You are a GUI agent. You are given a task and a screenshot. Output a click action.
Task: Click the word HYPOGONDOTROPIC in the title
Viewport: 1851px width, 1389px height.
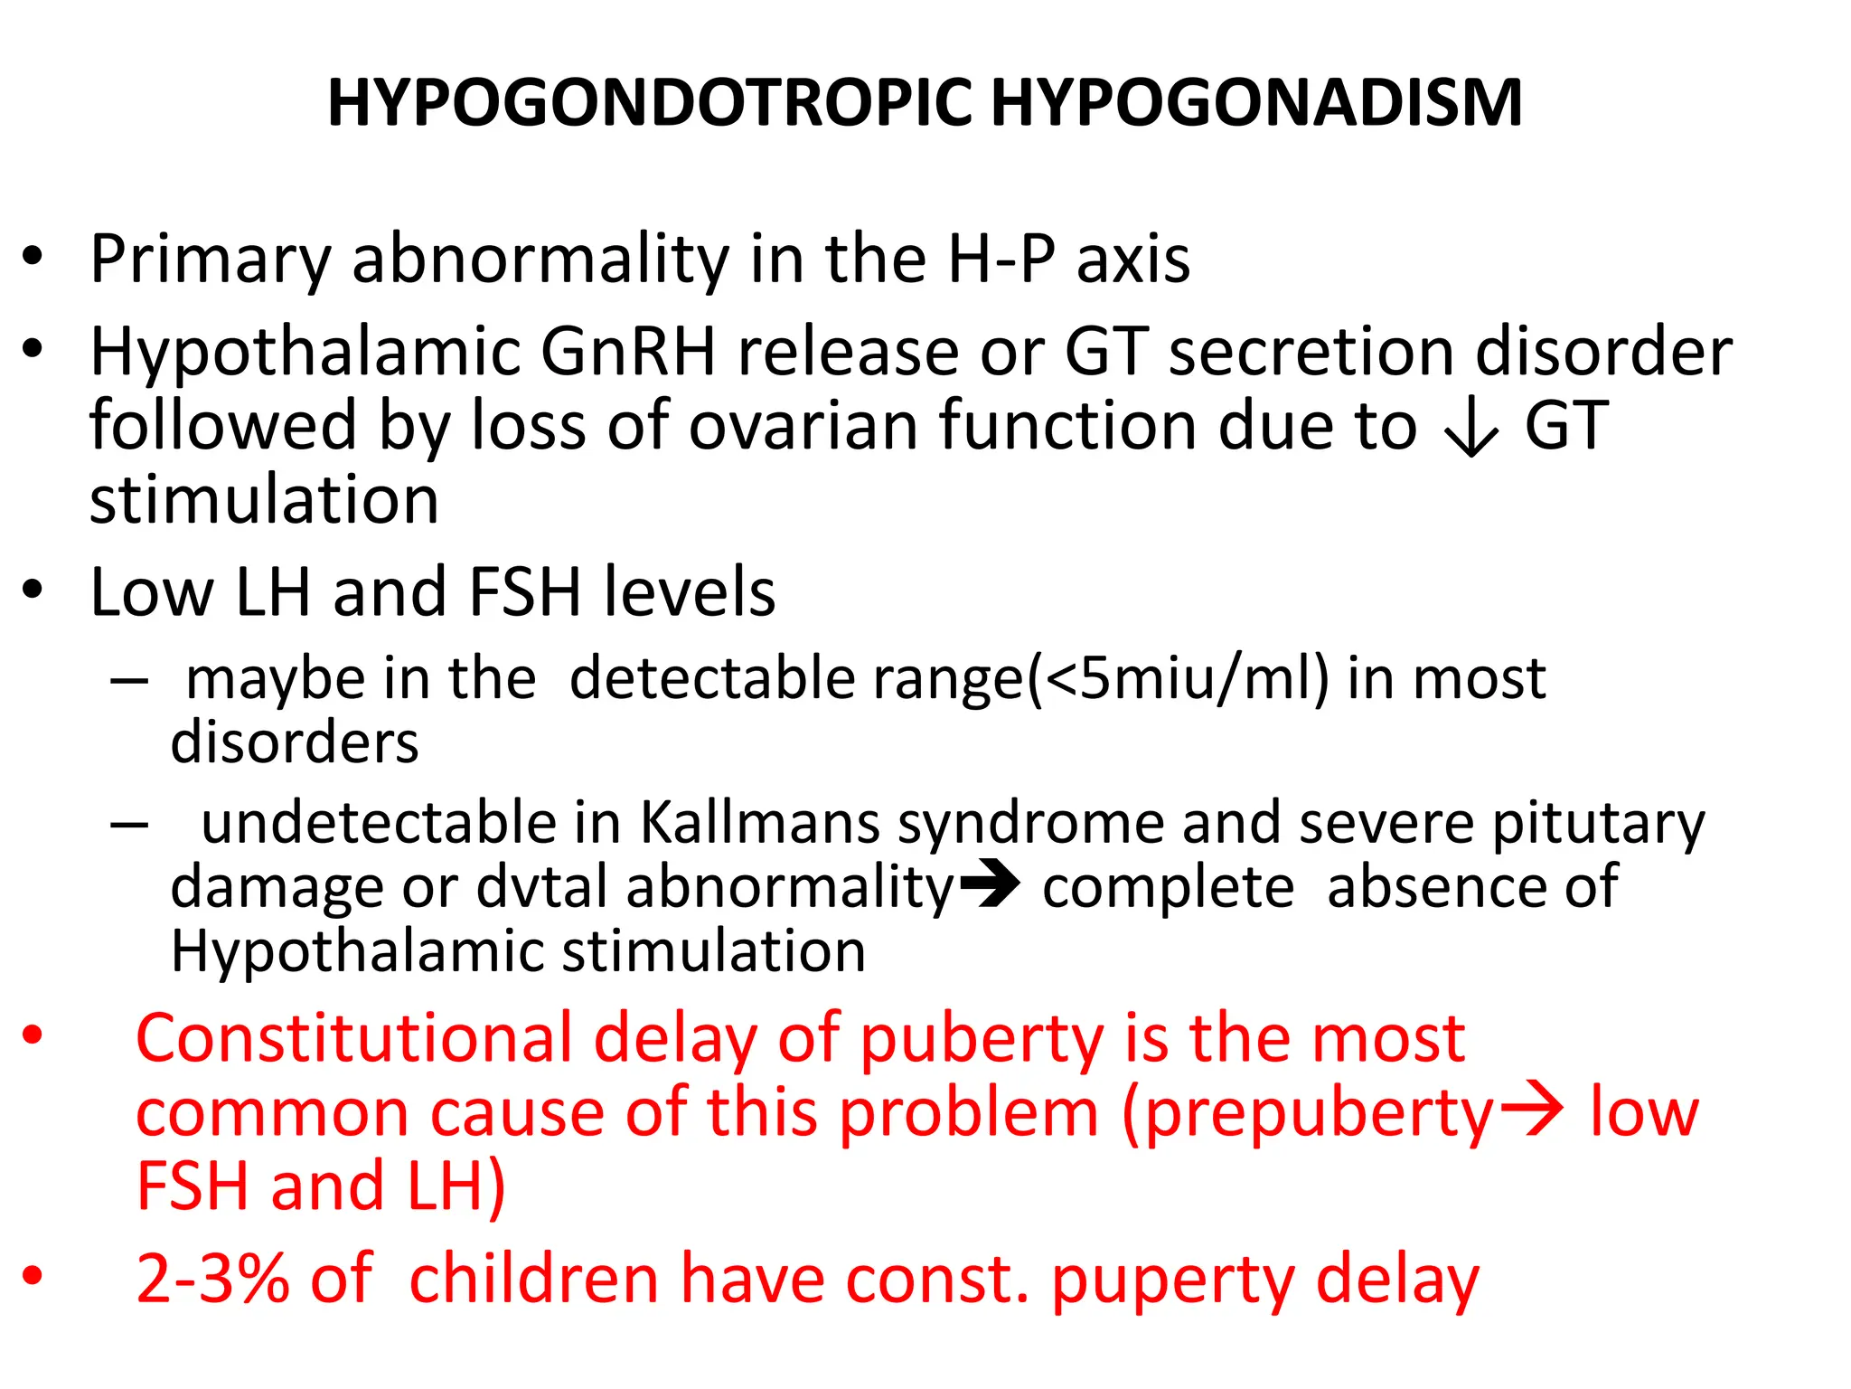pyautogui.click(x=649, y=102)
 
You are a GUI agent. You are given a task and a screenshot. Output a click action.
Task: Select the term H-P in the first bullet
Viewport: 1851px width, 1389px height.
pyautogui.click(x=1001, y=260)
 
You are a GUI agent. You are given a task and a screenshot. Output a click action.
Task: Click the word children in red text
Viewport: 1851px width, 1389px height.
pyautogui.click(x=533, y=1279)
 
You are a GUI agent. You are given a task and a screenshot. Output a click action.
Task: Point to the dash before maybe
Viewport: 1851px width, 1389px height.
pyautogui.click(x=129, y=681)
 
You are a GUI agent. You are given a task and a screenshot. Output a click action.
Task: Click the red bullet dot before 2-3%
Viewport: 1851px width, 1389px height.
pyautogui.click(x=33, y=1275)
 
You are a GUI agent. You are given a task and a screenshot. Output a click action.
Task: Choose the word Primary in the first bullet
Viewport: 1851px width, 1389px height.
pyautogui.click(x=210, y=260)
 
